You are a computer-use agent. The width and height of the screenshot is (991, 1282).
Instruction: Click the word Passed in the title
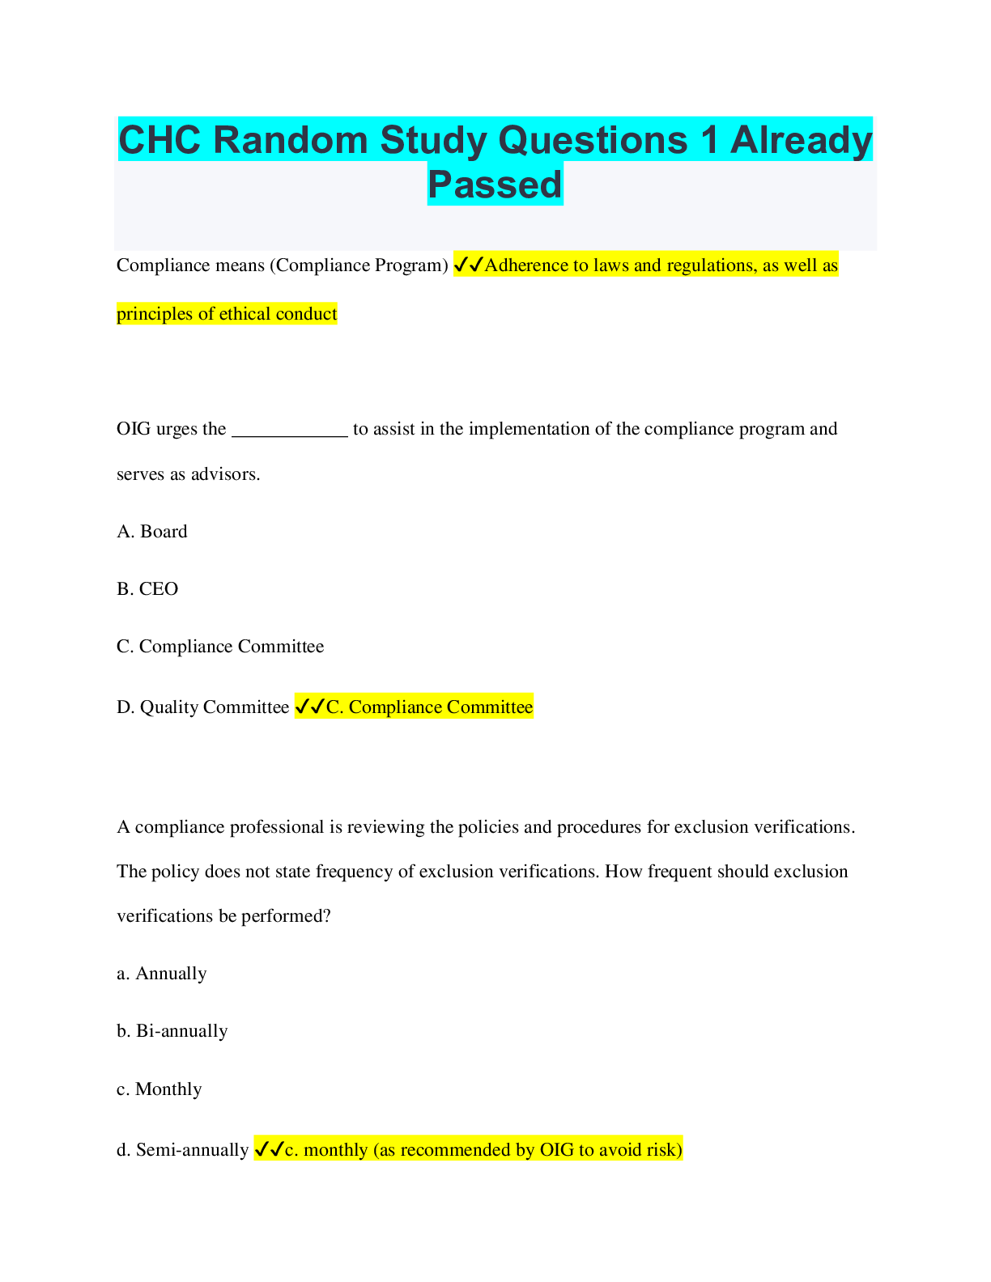click(495, 184)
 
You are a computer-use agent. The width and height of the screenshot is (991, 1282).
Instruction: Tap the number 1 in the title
click(708, 140)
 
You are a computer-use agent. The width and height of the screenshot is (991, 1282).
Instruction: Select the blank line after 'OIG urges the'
click(290, 435)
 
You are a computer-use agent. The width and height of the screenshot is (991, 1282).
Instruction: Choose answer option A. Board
click(151, 532)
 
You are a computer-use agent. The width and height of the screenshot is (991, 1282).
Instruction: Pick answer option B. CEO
click(147, 588)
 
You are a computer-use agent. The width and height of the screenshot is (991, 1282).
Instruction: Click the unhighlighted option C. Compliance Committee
click(220, 646)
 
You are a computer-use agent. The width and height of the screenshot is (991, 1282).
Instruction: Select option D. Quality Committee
click(202, 707)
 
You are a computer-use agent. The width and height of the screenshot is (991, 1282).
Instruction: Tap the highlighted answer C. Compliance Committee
click(430, 707)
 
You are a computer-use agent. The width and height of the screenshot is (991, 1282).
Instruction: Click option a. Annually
click(162, 974)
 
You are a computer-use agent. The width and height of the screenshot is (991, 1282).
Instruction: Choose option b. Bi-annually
click(172, 1030)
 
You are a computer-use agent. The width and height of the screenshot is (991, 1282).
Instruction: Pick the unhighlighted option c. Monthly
click(159, 1089)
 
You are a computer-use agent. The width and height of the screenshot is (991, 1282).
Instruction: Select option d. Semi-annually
click(182, 1149)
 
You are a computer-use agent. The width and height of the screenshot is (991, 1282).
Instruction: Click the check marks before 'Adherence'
click(469, 265)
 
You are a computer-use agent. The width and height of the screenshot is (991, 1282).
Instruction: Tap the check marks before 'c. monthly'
click(269, 1149)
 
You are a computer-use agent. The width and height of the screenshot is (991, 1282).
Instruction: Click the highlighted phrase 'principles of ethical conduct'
click(227, 313)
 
